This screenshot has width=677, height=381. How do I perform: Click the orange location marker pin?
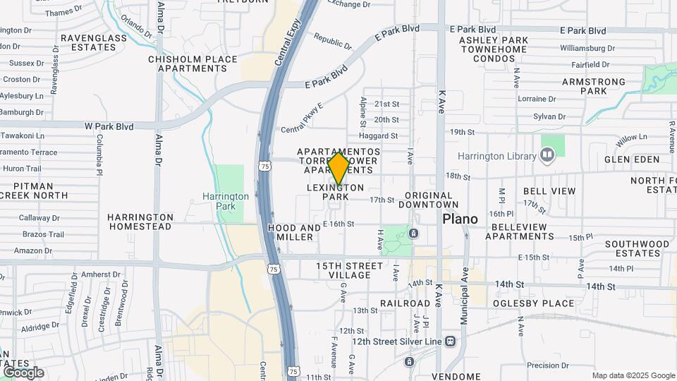(x=339, y=169)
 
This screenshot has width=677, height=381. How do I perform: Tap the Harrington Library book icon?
(x=548, y=154)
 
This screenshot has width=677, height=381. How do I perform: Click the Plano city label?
(x=460, y=219)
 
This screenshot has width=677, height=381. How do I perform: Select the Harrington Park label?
(x=226, y=200)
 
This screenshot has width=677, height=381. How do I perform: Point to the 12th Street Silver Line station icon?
(x=450, y=341)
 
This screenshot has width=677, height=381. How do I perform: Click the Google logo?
(x=23, y=373)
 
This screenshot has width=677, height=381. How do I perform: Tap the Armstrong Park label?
(x=594, y=87)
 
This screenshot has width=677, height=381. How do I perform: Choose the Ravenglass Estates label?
(x=88, y=42)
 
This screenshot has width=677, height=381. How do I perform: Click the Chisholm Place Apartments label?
(x=188, y=64)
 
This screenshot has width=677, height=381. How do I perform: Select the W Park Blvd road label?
(x=109, y=127)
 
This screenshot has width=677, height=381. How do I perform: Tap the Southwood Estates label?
(x=637, y=248)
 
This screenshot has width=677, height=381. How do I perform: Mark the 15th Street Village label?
(x=349, y=271)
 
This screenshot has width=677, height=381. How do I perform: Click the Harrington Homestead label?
(x=140, y=222)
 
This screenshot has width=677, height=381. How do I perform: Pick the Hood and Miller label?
(x=295, y=233)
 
